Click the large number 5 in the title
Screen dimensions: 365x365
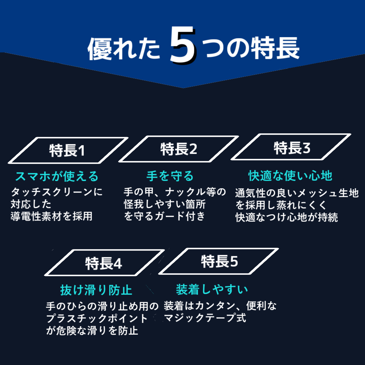point(183,45)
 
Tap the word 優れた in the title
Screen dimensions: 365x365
point(124,48)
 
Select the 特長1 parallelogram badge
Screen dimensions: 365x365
point(68,150)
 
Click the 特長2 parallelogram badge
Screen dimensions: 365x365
point(179,149)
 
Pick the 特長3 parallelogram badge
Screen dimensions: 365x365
point(291,147)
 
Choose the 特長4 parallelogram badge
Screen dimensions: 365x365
point(104,263)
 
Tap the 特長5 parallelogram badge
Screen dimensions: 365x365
point(219,261)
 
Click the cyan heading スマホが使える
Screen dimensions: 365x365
point(57,176)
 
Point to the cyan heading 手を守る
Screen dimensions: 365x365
point(170,176)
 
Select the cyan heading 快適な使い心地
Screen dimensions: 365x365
point(290,175)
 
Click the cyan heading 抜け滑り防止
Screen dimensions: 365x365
point(96,290)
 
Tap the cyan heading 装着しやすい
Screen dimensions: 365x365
point(212,289)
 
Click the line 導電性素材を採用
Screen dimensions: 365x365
point(51,216)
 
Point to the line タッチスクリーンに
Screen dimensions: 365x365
point(57,192)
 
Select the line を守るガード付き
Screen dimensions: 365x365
point(164,216)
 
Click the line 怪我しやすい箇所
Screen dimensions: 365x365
point(165,204)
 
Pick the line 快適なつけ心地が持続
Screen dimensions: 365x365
point(287,217)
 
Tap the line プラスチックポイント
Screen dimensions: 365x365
point(97,318)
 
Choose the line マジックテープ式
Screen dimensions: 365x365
point(205,318)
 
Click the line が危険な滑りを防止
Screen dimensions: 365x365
point(92,330)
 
